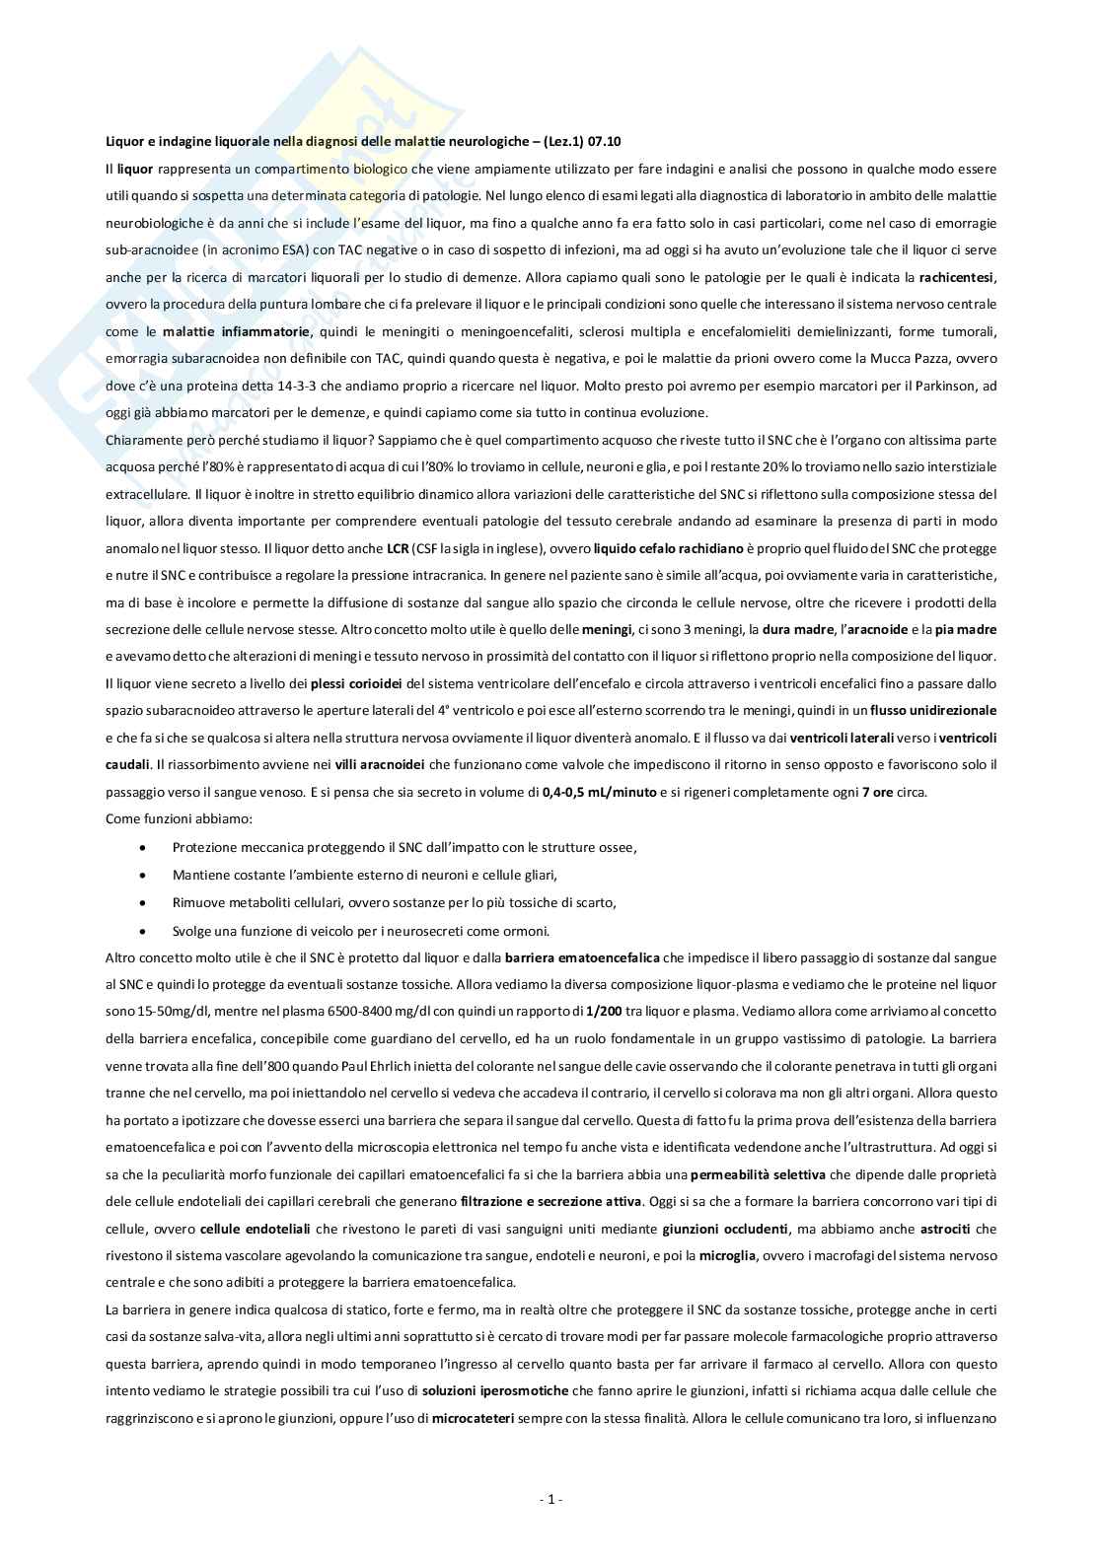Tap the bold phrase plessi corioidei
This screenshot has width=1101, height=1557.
click(x=355, y=683)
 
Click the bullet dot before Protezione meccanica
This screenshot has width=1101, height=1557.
click(x=146, y=847)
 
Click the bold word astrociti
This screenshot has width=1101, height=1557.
click(x=945, y=1229)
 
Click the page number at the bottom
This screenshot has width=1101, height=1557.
click(x=550, y=1499)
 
